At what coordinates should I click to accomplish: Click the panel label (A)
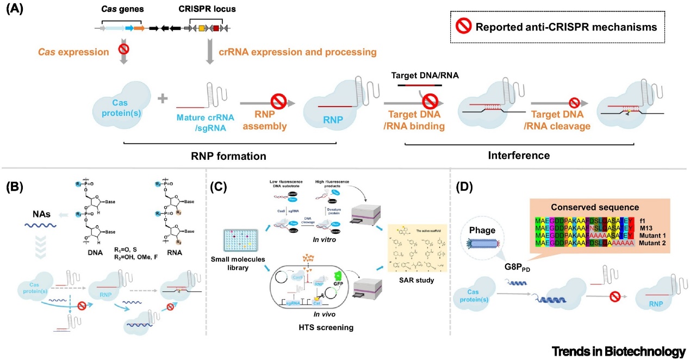click(15, 9)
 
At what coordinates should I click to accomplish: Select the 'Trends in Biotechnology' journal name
click(618, 350)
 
